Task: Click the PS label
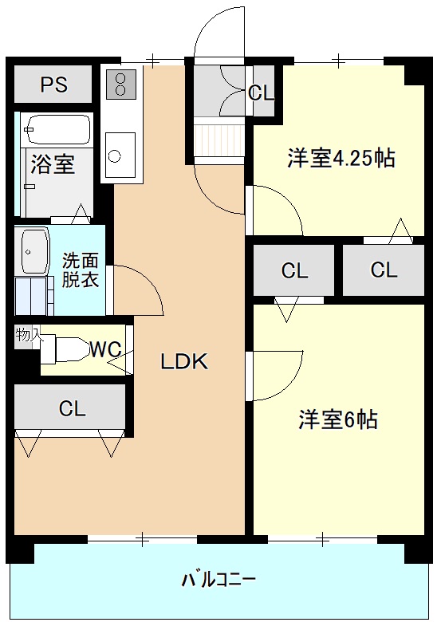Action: tap(54, 84)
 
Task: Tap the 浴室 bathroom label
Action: tap(53, 163)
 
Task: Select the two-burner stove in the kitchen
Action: tap(120, 84)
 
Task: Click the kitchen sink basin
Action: tap(120, 155)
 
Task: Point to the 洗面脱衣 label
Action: tap(80, 270)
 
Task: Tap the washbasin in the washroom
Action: tap(33, 250)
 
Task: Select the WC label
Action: tap(105, 349)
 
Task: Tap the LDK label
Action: tap(184, 361)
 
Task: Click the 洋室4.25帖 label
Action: tap(341, 158)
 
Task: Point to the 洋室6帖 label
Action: tap(338, 419)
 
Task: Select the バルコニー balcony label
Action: tap(218, 580)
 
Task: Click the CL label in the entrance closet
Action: tap(262, 93)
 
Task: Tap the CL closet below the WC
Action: tap(72, 408)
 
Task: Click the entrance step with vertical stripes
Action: tap(218, 140)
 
